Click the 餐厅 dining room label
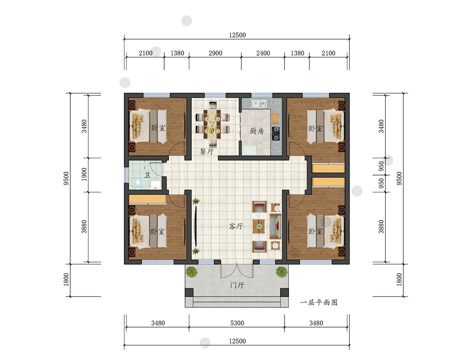point(207,151)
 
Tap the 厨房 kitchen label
point(256,131)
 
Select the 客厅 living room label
point(236,226)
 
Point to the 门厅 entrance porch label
point(237,285)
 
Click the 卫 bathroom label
point(147,175)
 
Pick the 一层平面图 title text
point(319,302)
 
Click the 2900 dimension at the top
point(216,53)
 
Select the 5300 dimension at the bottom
point(237,323)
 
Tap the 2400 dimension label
point(263,53)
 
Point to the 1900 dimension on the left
point(84,174)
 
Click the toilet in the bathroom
point(138,184)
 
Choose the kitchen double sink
point(259,103)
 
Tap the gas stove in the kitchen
point(276,134)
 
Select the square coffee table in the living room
point(259,226)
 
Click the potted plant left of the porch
point(191,271)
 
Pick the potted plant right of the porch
point(282,271)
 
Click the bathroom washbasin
point(155,184)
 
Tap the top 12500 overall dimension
point(237,35)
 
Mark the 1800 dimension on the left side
point(66,279)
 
